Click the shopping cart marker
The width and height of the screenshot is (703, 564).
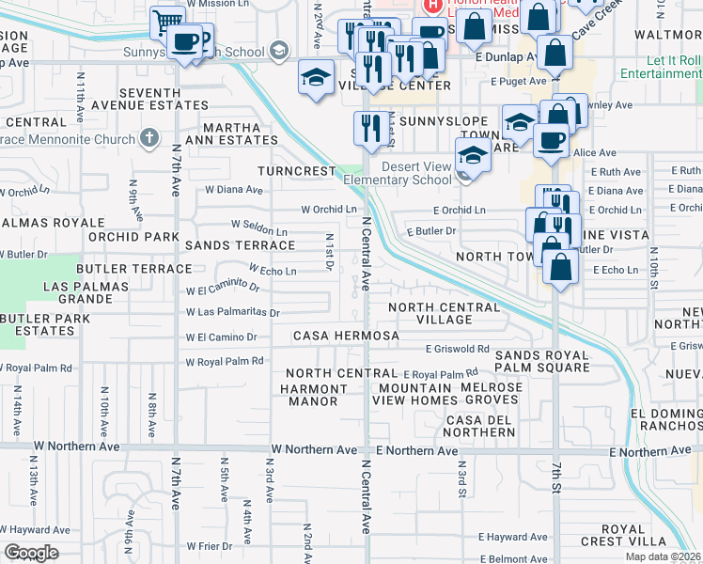166,21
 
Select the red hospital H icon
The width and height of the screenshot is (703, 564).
433,6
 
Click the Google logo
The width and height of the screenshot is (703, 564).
31,553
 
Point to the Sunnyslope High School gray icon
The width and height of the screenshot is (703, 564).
278,50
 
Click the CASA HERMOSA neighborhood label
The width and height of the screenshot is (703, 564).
346,336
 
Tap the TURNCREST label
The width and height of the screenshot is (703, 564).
297,172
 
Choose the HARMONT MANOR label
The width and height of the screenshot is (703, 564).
314,395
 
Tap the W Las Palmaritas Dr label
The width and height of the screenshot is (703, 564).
232,312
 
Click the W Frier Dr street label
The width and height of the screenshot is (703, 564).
209,546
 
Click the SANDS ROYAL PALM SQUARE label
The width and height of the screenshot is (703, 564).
541,362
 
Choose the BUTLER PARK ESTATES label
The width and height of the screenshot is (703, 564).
45,325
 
